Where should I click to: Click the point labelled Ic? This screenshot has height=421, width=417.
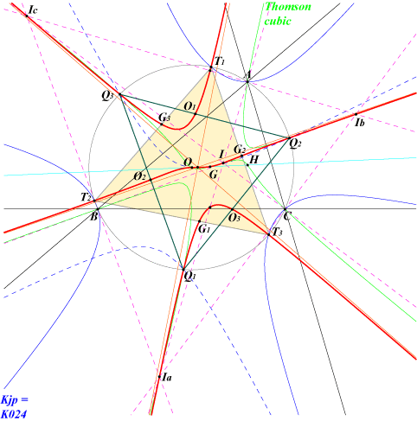[27, 16]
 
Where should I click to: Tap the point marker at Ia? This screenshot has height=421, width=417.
[159, 377]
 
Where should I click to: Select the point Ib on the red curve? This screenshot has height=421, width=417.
[356, 114]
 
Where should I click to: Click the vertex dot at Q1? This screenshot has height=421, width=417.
[183, 270]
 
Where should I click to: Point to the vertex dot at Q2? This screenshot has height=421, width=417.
[289, 138]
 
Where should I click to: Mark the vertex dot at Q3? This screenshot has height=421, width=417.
[120, 94]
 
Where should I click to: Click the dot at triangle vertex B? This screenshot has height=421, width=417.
[98, 209]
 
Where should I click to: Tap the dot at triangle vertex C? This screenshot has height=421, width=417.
[285, 209]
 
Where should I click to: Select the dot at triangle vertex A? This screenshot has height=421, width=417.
[247, 81]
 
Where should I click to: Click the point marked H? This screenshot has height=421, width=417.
[247, 165]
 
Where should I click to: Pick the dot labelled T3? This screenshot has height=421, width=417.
[269, 234]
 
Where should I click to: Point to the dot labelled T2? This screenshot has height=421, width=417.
[94, 201]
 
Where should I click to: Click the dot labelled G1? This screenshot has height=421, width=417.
[199, 221]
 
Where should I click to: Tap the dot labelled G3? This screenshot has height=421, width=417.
[162, 124]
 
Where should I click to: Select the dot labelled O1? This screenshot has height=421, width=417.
[196, 114]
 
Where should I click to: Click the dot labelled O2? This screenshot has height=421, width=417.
[151, 180]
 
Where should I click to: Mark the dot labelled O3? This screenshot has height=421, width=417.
[232, 209]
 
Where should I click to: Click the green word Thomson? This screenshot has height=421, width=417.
[288, 6]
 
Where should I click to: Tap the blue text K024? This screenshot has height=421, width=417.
[14, 414]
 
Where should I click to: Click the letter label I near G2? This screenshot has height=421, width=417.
[221, 155]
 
